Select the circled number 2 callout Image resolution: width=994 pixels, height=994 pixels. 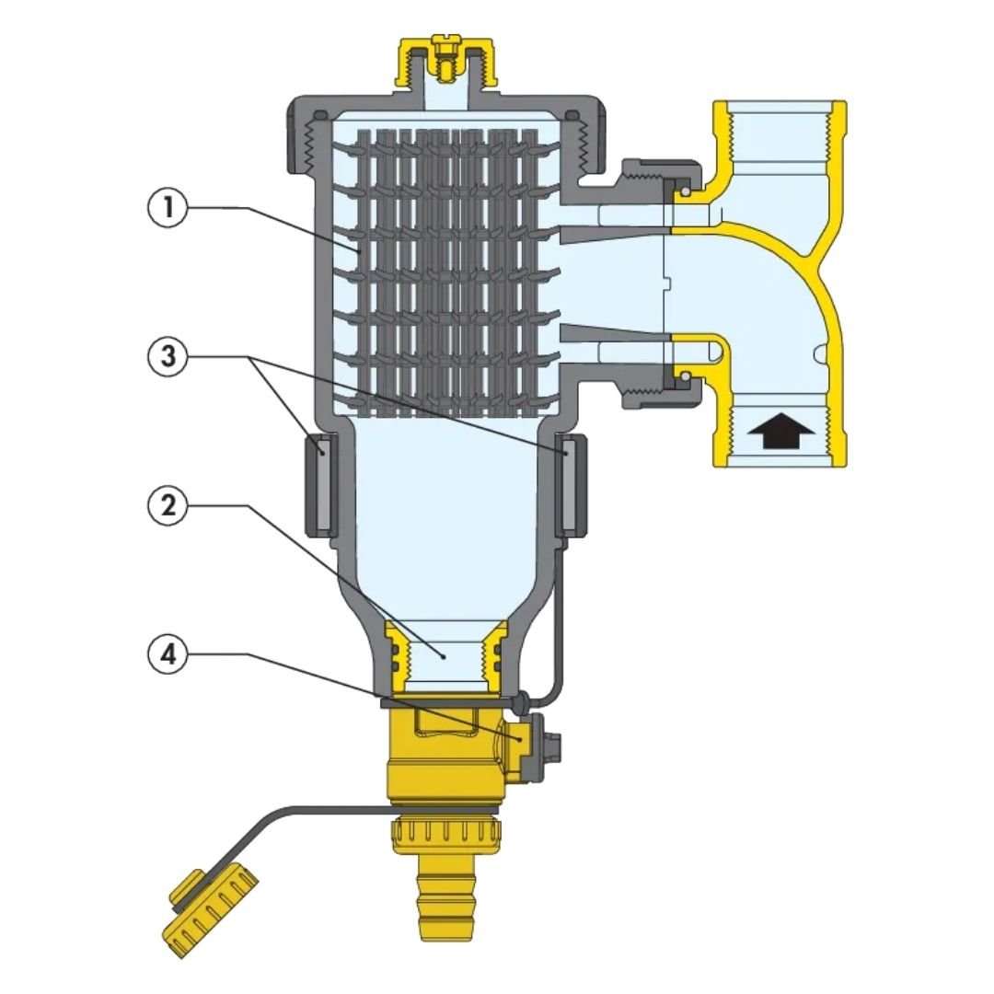[x=168, y=505]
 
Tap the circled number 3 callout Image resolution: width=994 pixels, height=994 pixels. [x=168, y=356]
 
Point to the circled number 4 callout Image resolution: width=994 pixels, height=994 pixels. [x=168, y=653]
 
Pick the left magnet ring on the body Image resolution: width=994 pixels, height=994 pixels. [x=321, y=485]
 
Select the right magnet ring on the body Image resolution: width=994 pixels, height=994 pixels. [x=568, y=485]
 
